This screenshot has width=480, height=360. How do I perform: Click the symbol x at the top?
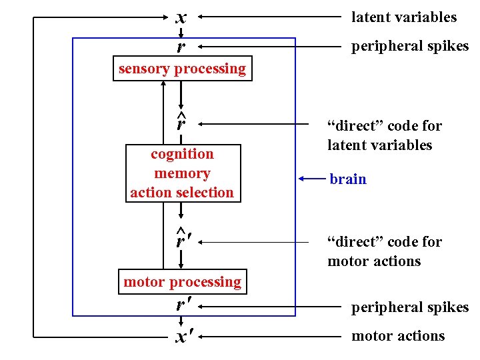(x=181, y=17)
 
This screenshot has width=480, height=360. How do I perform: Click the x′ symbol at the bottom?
(x=181, y=337)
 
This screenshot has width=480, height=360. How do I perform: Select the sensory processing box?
(x=182, y=69)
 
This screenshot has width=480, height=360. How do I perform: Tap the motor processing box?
(x=182, y=282)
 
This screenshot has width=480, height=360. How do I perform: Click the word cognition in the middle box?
(x=182, y=154)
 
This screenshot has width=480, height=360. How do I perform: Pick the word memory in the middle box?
(x=182, y=173)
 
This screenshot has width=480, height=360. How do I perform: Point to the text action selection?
(x=182, y=193)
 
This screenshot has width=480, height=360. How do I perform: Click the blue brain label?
(x=348, y=179)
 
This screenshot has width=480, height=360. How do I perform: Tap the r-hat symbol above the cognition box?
(x=181, y=122)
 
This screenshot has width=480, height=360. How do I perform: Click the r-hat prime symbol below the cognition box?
(x=181, y=239)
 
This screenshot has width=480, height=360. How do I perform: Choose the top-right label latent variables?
(x=404, y=17)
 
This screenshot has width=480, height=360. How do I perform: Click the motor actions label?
(x=398, y=336)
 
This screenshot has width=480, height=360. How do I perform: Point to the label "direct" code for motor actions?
(x=384, y=251)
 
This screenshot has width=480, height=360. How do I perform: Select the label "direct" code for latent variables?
(x=384, y=135)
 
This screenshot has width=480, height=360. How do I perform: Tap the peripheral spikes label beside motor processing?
(x=410, y=307)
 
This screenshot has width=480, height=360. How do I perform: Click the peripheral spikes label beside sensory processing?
(x=410, y=46)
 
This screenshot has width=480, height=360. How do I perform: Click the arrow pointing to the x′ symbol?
(x=267, y=337)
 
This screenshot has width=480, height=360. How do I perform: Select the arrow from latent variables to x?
(x=267, y=17)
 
